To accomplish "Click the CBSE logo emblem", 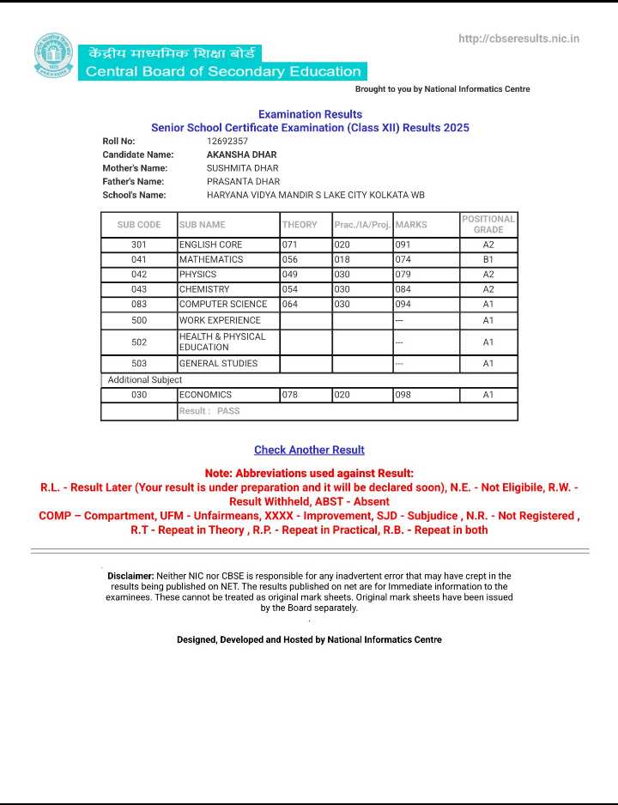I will tap(54, 56).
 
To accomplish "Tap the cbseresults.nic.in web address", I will tap(519, 39).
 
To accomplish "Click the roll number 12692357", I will tap(227, 141).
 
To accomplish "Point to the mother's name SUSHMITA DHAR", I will tap(243, 168).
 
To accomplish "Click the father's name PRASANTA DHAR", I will tap(244, 182).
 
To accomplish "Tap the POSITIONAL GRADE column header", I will tap(488, 224).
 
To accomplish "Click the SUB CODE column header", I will tap(139, 225).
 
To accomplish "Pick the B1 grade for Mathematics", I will tap(488, 259).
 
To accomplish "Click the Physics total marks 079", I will tap(403, 275).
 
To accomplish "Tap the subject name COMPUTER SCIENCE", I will tap(223, 304).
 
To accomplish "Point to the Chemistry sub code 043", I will tap(139, 289).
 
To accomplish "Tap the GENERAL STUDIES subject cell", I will tap(218, 364).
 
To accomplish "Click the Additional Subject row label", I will tap(145, 379).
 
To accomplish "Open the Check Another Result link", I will tap(309, 450).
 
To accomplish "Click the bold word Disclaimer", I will tap(130, 576).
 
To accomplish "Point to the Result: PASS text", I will tap(209, 411).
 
